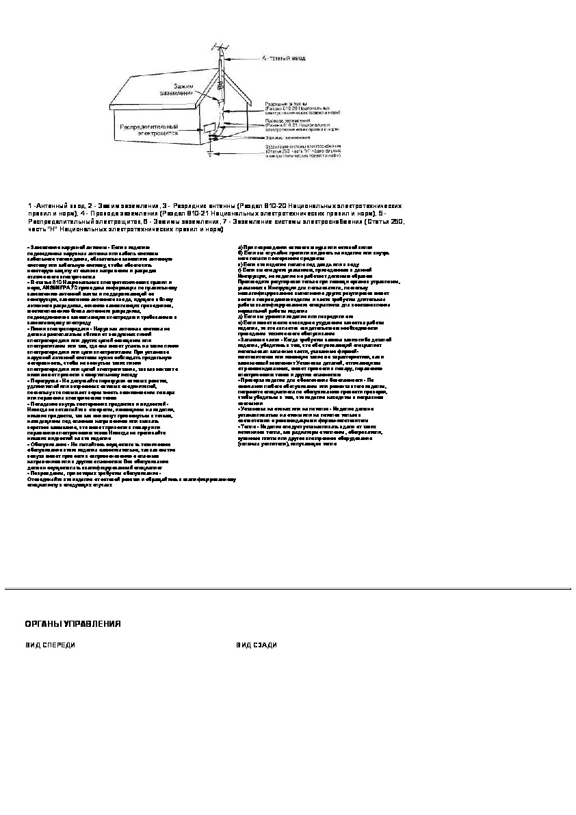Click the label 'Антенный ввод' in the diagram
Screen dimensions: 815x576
click(x=280, y=59)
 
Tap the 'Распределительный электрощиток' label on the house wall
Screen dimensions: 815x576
click(x=149, y=130)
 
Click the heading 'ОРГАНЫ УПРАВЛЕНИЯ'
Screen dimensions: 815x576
click(x=73, y=623)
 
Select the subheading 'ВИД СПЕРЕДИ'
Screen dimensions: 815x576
click(x=51, y=645)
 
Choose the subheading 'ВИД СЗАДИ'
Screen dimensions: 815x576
click(x=257, y=645)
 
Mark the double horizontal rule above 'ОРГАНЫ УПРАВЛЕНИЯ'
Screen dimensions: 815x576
click(x=288, y=588)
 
